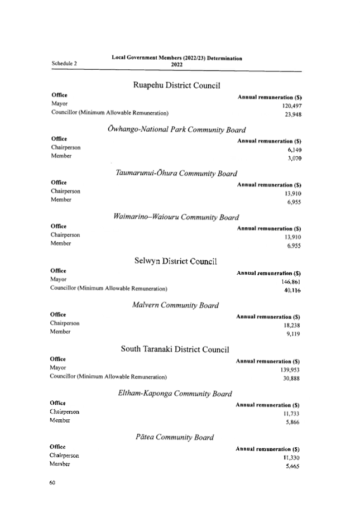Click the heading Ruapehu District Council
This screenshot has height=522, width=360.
pyautogui.click(x=176, y=85)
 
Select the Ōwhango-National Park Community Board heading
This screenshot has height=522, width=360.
pyautogui.click(x=176, y=130)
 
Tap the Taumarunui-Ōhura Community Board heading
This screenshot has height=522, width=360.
pyautogui.click(x=176, y=173)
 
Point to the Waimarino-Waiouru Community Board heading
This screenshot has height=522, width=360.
pyautogui.click(x=176, y=217)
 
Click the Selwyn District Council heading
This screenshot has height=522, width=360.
pyautogui.click(x=175, y=261)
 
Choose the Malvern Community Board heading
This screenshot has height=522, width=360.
pyautogui.click(x=175, y=305)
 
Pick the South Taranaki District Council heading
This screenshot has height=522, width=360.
pyautogui.click(x=175, y=349)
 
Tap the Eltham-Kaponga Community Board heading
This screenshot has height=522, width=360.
pyautogui.click(x=175, y=393)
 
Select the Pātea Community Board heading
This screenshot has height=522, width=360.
pyautogui.click(x=174, y=437)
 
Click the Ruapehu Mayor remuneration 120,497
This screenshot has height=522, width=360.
pyautogui.click(x=292, y=106)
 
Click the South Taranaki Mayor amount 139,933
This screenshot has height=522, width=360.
pyautogui.click(x=290, y=370)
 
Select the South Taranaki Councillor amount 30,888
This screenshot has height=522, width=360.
pyautogui.click(x=291, y=379)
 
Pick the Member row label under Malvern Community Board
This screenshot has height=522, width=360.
pyautogui.click(x=60, y=332)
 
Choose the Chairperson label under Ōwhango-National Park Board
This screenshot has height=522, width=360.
pyautogui.click(x=66, y=147)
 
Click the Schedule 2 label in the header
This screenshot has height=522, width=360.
pyautogui.click(x=65, y=64)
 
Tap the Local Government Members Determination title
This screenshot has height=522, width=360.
pyautogui.click(x=177, y=58)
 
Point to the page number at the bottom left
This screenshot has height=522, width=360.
pyautogui.click(x=52, y=482)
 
